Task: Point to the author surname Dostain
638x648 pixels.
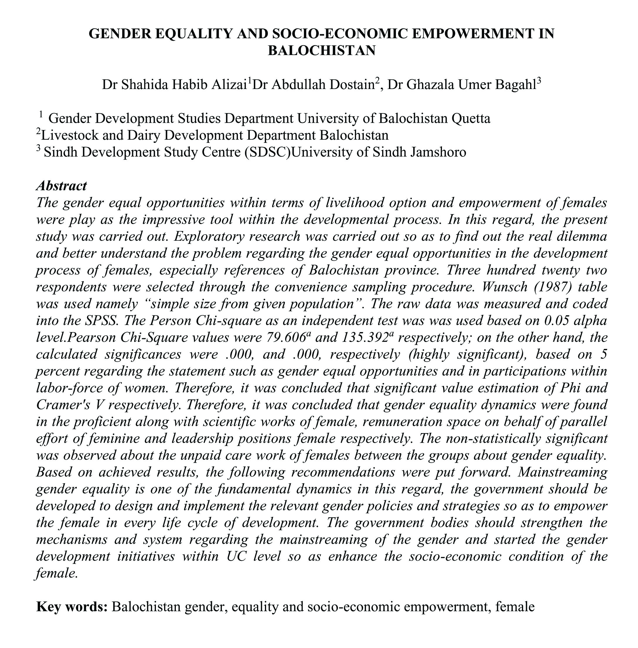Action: (x=352, y=85)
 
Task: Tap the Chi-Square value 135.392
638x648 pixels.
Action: (x=364, y=338)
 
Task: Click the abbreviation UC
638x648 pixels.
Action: (x=237, y=556)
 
